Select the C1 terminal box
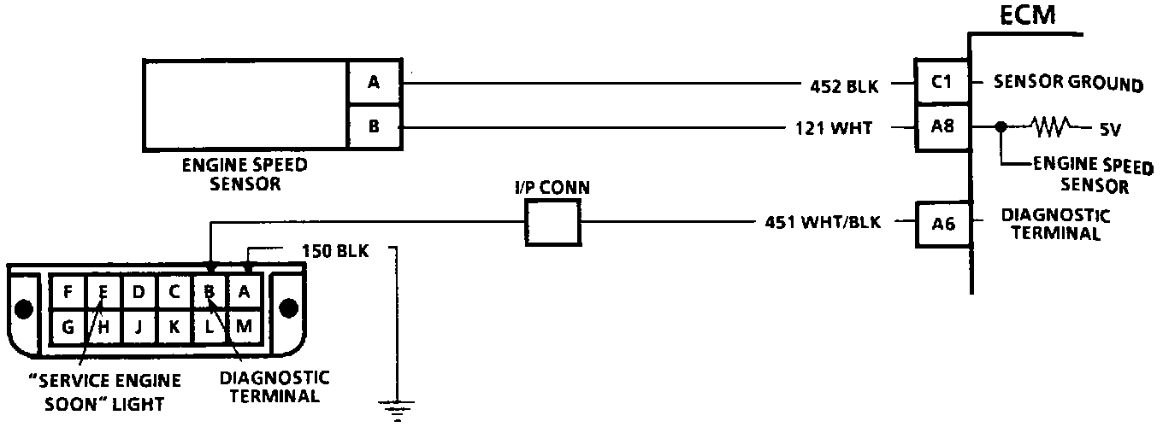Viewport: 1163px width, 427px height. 941,84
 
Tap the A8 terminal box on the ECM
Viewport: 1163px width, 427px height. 941,128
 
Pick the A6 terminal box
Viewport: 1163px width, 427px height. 941,224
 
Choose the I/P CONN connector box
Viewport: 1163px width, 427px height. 552,225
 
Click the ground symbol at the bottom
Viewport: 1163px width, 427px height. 396,410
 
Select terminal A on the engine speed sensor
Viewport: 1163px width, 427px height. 374,83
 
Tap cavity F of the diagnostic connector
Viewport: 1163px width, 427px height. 68,291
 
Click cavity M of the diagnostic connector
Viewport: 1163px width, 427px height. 245,325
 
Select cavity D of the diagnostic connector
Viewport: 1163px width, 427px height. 139,291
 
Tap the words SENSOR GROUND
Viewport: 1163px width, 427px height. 1068,85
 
